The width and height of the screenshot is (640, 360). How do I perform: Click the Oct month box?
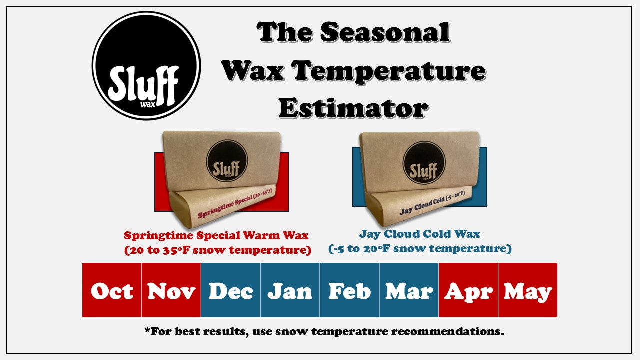(x=112, y=290)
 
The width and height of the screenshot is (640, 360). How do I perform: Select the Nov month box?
(x=171, y=290)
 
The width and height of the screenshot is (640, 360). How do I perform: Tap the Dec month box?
(x=230, y=290)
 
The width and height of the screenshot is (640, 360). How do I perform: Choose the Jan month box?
(x=290, y=290)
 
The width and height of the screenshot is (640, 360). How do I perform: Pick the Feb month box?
(x=349, y=290)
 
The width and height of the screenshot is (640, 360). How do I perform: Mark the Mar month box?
(x=409, y=290)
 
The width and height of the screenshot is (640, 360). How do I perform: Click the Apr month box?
(x=468, y=290)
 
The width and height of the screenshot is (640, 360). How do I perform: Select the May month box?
(x=528, y=290)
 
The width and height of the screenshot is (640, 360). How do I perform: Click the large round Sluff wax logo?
(x=146, y=66)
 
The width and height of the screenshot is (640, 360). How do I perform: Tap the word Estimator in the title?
(x=353, y=107)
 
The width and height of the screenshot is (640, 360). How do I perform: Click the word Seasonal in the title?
(x=385, y=33)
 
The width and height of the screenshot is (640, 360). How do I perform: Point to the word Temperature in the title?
(x=389, y=70)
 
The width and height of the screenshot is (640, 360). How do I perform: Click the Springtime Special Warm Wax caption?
(x=216, y=235)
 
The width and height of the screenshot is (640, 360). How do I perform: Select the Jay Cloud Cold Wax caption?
(x=419, y=234)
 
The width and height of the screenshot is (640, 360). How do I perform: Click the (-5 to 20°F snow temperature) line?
(x=420, y=248)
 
